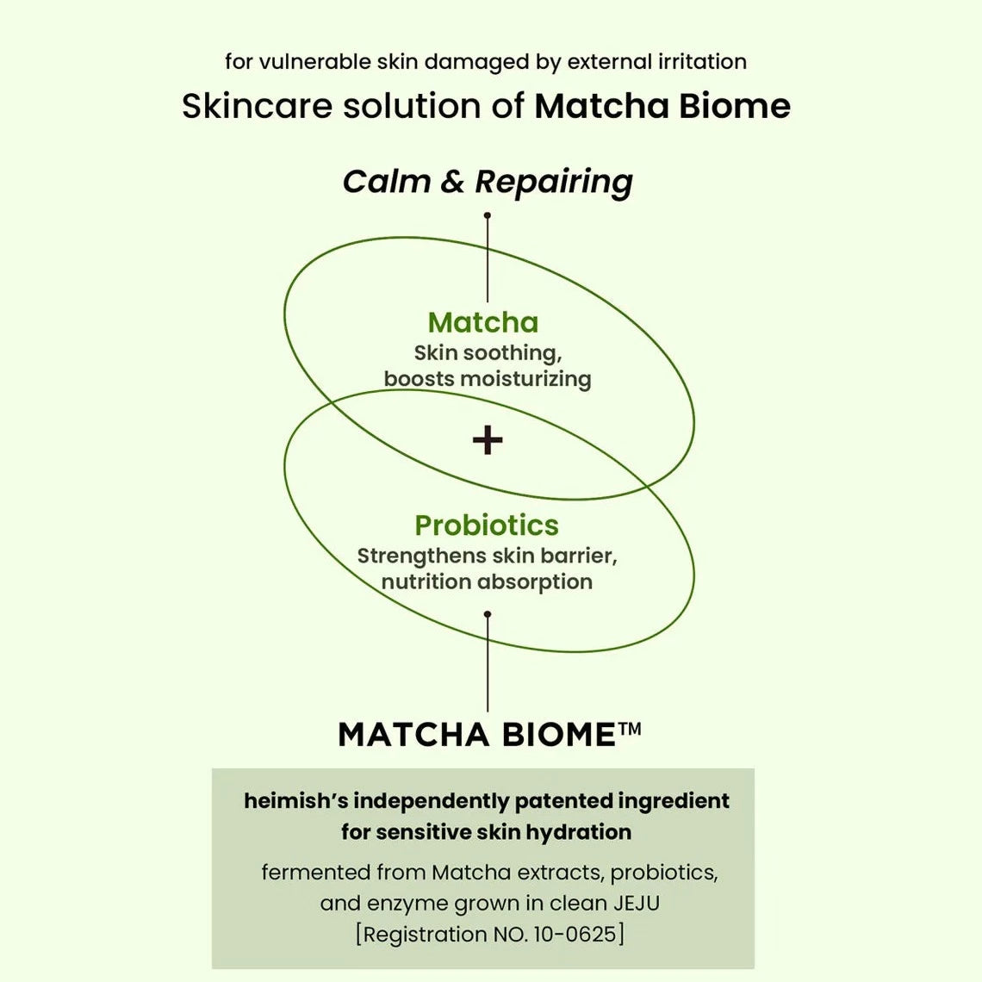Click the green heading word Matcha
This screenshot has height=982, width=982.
pos(483,322)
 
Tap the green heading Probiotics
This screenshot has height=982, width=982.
pos(487,525)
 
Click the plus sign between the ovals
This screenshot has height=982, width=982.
pos(488,440)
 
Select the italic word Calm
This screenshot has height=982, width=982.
pos(385,181)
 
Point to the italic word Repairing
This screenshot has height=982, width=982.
pos(554,183)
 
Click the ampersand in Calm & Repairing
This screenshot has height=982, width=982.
pos(452,182)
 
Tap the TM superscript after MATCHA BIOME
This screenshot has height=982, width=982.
pos(631,730)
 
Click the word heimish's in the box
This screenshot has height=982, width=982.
pos(295,801)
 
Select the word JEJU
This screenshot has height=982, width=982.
pos(637,904)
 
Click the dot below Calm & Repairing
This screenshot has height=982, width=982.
pos(488,215)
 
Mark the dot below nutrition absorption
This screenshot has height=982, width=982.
pos(488,614)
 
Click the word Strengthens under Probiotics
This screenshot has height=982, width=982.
pos(421,556)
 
